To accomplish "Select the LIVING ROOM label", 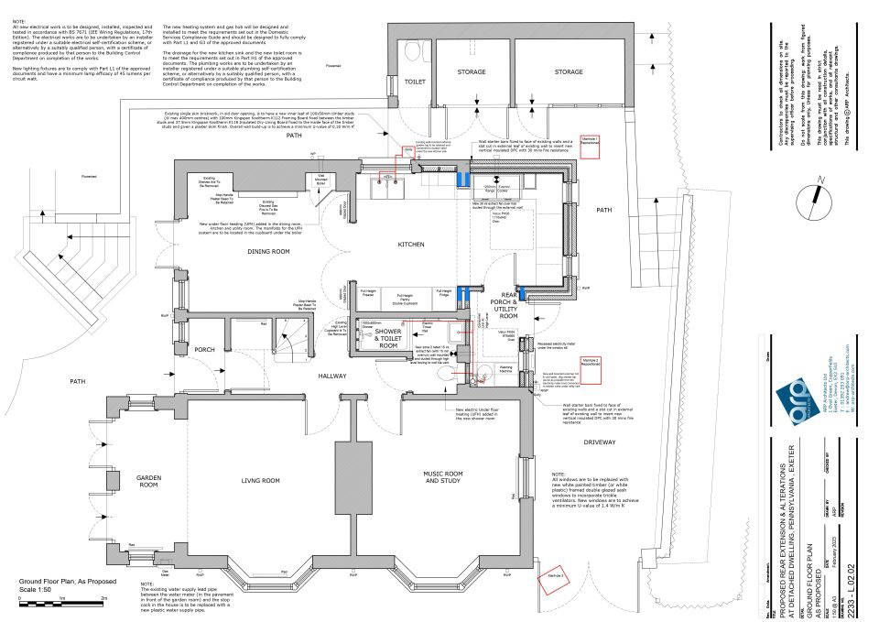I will coord(260,480).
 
